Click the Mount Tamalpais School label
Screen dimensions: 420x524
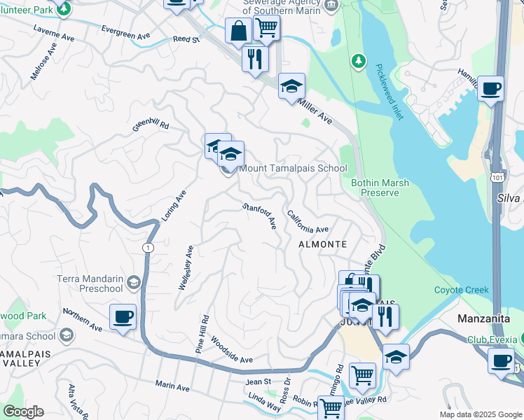tap(293, 169)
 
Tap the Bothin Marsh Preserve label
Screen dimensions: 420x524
tap(380, 188)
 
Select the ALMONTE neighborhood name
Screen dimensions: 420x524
tap(322, 244)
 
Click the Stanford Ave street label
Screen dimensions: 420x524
tap(260, 216)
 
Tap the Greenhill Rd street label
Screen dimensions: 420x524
tap(151, 127)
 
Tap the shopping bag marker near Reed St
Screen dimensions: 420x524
tap(238, 31)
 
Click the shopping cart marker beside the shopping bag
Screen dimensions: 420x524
tap(266, 28)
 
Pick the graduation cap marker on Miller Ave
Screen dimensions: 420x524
tap(291, 86)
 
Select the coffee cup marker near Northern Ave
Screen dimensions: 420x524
tap(123, 316)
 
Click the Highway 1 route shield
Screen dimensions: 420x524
tap(147, 248)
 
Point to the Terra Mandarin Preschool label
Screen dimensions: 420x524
tap(90, 283)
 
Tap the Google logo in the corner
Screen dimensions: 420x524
tap(23, 412)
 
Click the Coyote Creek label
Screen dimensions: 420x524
tap(460, 290)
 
